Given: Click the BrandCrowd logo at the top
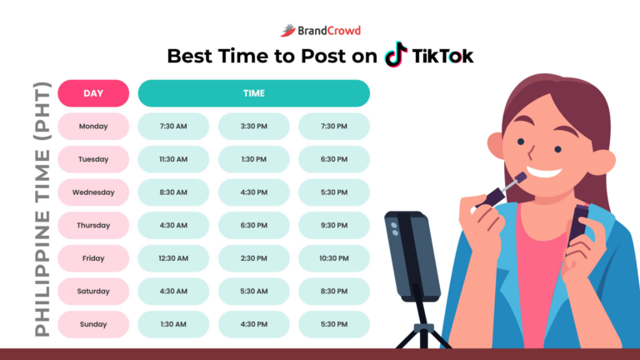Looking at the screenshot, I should coord(320,30).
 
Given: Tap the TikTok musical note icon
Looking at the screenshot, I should coord(396,56).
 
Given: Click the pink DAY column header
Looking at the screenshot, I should coord(93,93).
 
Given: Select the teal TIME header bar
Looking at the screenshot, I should coord(253,93).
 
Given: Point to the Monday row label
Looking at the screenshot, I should coord(93,127).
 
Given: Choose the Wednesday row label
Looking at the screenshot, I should coord(93,192).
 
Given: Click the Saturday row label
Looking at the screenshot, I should coord(93,291).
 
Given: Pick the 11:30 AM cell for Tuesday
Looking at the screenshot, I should coord(173,159).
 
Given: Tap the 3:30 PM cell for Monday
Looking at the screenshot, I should coord(253,127).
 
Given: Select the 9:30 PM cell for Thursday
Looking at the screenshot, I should coord(333,225).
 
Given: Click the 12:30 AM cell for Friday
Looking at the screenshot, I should coord(173,258).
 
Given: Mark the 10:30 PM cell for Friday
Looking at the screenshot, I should coord(333,258).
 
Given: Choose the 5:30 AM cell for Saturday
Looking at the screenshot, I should coord(253,291).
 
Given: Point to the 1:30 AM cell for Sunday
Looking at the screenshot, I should coord(173,323).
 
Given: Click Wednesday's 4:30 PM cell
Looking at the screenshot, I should coord(253,192).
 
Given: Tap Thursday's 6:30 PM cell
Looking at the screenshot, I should coord(253,225).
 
